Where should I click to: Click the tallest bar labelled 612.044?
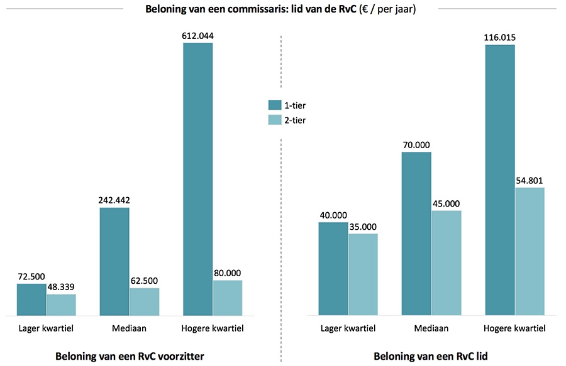point(197,179)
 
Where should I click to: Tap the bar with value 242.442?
point(114,261)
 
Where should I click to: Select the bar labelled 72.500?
point(31,299)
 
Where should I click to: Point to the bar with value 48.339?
point(61,304)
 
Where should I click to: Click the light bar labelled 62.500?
point(144,301)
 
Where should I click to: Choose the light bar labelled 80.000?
point(227,298)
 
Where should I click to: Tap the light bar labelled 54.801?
point(529,251)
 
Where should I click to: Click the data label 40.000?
point(333,215)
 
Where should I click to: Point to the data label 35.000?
point(363,227)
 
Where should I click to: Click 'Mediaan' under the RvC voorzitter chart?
point(129,328)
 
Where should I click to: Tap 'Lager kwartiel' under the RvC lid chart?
point(348,328)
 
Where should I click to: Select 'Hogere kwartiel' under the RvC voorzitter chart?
point(212,328)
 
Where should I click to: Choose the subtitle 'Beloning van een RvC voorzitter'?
point(130,356)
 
